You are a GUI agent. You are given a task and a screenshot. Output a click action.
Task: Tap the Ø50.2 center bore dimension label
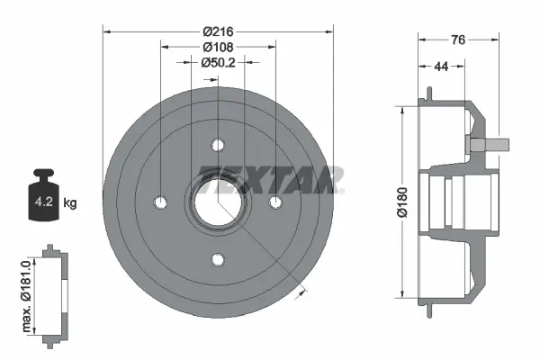[218, 62]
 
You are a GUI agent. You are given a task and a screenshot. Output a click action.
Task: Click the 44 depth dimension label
[441, 66]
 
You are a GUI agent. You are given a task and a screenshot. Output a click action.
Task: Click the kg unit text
[71, 203]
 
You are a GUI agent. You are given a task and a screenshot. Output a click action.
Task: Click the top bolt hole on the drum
[218, 144]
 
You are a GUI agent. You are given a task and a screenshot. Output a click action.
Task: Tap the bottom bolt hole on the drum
[218, 260]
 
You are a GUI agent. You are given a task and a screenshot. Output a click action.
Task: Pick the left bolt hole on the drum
[160, 202]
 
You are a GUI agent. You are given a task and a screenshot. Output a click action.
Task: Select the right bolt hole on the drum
[276, 202]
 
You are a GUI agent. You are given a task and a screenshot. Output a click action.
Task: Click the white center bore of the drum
[218, 202]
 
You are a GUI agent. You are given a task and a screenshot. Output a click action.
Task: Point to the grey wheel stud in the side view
[491, 143]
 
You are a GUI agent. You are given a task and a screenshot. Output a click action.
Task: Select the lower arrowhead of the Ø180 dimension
[400, 292]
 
